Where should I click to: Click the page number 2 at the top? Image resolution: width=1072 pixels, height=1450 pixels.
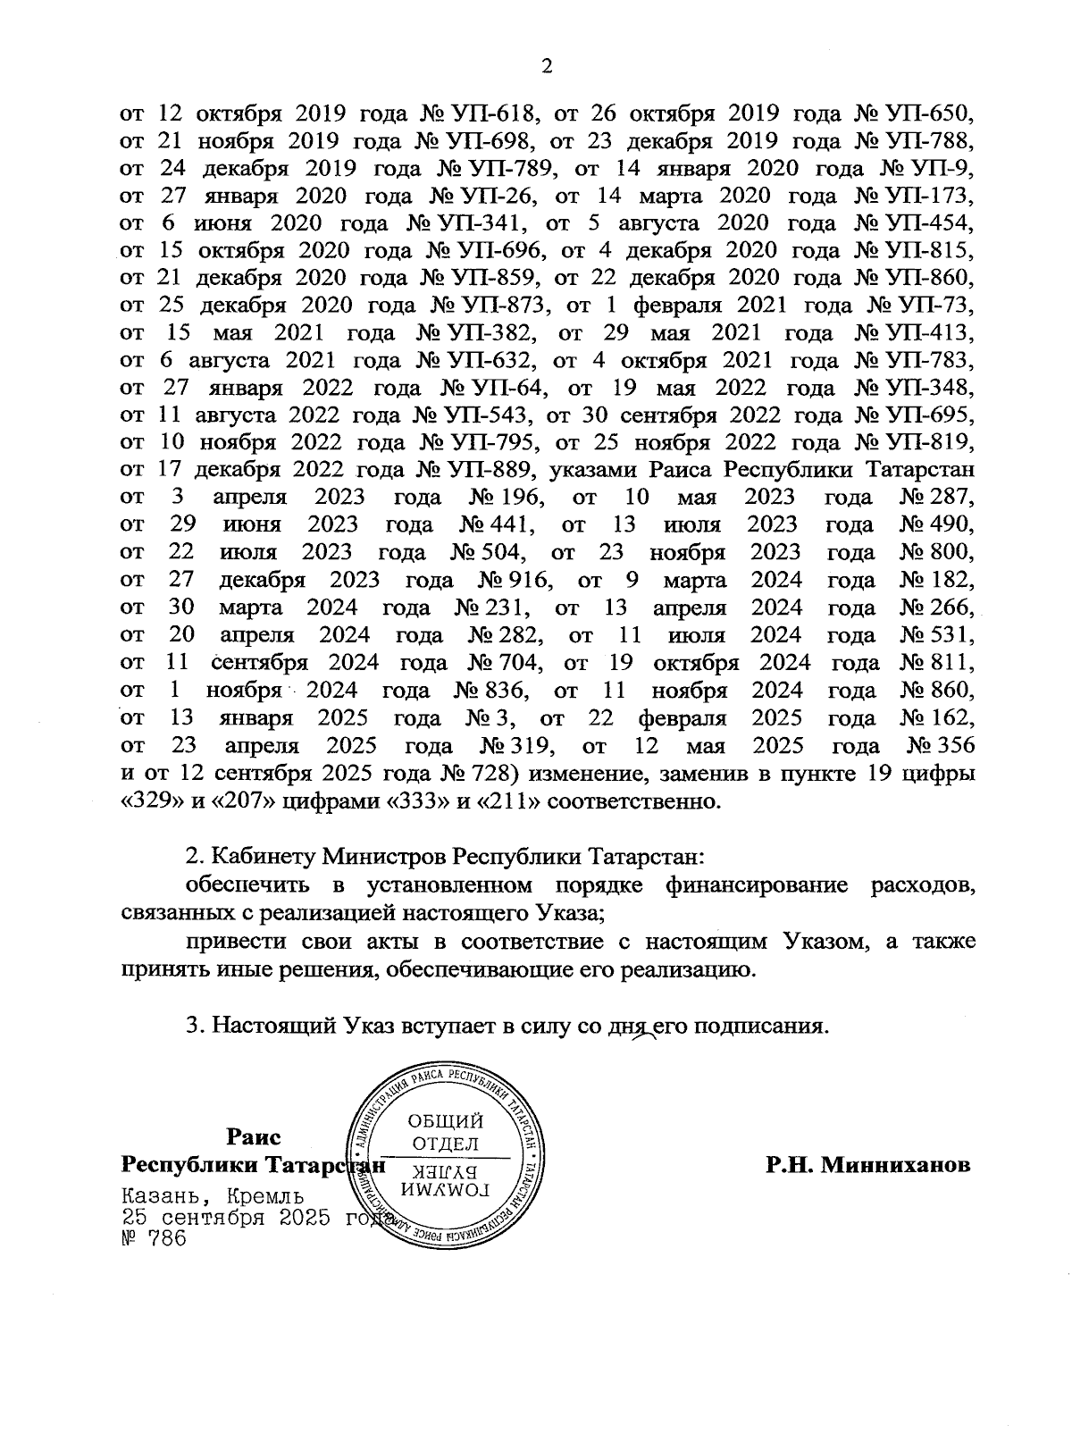tap(548, 66)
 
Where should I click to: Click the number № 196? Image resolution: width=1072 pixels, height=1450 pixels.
tap(502, 498)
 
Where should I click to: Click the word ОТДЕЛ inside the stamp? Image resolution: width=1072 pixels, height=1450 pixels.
tap(445, 1144)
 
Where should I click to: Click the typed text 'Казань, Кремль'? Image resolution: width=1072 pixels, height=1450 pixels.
tap(212, 1195)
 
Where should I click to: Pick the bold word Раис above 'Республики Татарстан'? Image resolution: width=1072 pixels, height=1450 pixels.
tap(254, 1137)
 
